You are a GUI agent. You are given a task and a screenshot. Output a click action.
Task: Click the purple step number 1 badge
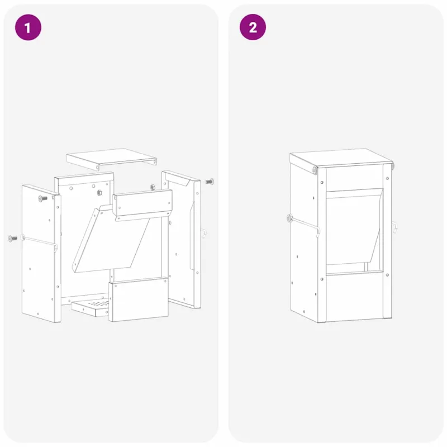pyautogui.click(x=28, y=27)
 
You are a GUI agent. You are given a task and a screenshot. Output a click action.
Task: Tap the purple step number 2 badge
pyautogui.click(x=253, y=27)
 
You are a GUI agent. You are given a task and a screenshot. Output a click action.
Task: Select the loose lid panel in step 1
pyautogui.click(x=111, y=159)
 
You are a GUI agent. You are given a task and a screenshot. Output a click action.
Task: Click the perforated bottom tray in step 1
pyautogui.click(x=91, y=307)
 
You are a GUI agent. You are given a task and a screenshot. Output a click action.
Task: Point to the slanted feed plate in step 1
pyautogui.click(x=111, y=239)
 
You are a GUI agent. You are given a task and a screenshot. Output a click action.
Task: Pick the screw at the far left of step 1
pyautogui.click(x=13, y=239)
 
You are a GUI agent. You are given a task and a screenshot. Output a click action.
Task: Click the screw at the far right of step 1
pyautogui.click(x=209, y=181)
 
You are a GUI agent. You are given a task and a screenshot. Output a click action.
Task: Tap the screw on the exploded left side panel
pyautogui.click(x=43, y=198)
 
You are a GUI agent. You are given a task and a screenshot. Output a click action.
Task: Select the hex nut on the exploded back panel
pyautogui.click(x=99, y=193)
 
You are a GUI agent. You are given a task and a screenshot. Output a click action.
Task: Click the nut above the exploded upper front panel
pyautogui.click(x=153, y=187)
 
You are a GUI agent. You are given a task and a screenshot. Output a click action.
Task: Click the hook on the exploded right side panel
pyautogui.click(x=203, y=233)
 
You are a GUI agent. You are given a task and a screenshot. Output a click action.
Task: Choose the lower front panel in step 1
pyautogui.click(x=138, y=299)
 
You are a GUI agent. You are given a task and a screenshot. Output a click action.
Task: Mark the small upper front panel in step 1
pyautogui.click(x=142, y=204)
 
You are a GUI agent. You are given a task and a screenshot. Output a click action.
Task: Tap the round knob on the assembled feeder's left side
pyautogui.click(x=289, y=218)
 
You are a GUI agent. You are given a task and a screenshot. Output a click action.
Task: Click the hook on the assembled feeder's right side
pyautogui.click(x=394, y=227)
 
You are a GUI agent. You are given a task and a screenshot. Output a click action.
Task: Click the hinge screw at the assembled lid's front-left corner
pyautogui.click(x=315, y=170)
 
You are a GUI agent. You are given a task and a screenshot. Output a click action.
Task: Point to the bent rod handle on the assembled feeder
pyautogui.click(x=305, y=225)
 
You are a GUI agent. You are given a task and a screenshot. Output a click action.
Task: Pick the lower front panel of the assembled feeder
pyautogui.click(x=354, y=297)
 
